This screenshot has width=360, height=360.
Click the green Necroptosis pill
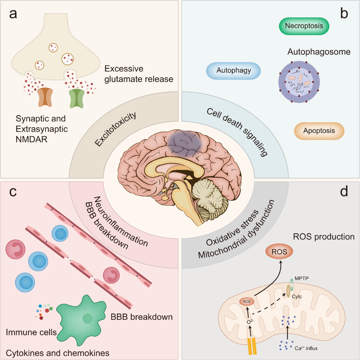coord(304,26)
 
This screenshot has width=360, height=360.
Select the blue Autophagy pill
coord(233,70)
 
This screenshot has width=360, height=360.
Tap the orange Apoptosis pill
coord(319,131)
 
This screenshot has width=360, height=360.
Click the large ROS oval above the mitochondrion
coord(279,252)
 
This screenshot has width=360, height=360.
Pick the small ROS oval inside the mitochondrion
coord(247,301)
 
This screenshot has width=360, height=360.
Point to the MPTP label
coord(301,278)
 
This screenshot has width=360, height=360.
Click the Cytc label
coord(297,296)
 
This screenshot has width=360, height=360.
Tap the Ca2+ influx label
coord(306,348)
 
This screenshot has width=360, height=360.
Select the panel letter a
coord(13,14)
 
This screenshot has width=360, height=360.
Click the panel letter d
coord(344,191)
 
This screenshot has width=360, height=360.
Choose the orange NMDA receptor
coord(45,97)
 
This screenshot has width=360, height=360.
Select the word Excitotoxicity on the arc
coord(115,129)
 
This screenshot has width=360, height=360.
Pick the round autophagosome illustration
coord(299,82)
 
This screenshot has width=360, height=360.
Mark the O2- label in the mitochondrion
coord(250,322)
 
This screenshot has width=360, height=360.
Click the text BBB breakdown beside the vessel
coord(142,317)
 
